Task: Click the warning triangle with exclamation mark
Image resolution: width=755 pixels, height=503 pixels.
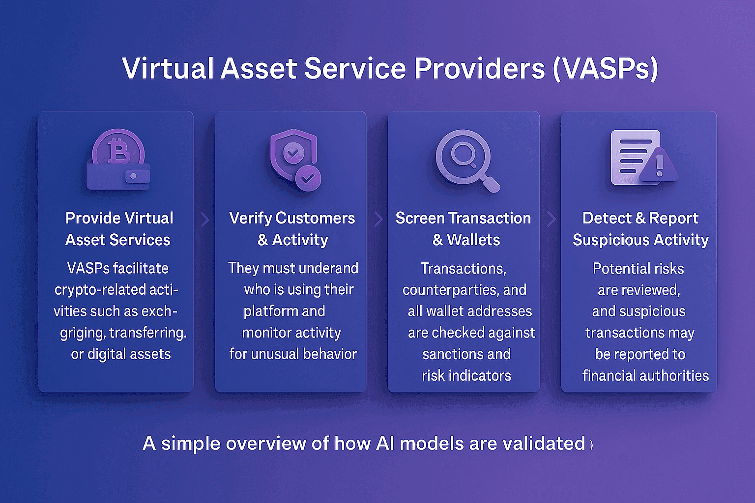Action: (x=659, y=165)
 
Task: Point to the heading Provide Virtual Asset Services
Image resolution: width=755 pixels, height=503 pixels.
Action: (x=118, y=229)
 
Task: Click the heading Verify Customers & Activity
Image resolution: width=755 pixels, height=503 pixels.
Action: (x=292, y=229)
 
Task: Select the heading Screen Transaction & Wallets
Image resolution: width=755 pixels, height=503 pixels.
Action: (x=464, y=229)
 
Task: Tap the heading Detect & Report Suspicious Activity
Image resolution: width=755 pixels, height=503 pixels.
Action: (x=640, y=229)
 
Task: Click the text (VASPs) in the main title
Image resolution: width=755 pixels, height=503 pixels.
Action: (x=605, y=68)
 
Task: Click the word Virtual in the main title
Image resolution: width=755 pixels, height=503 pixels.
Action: (x=168, y=68)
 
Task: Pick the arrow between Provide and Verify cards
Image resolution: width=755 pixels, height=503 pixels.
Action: (x=205, y=219)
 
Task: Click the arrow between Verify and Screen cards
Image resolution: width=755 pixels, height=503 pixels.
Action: (x=378, y=219)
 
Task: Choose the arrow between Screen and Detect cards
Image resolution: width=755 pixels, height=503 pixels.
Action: (x=551, y=219)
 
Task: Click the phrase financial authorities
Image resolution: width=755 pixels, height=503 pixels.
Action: (x=645, y=376)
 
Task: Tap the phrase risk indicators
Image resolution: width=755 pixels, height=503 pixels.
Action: (x=466, y=376)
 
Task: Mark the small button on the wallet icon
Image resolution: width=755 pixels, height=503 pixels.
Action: (x=132, y=176)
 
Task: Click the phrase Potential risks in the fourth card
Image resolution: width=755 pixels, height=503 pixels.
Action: (x=638, y=269)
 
